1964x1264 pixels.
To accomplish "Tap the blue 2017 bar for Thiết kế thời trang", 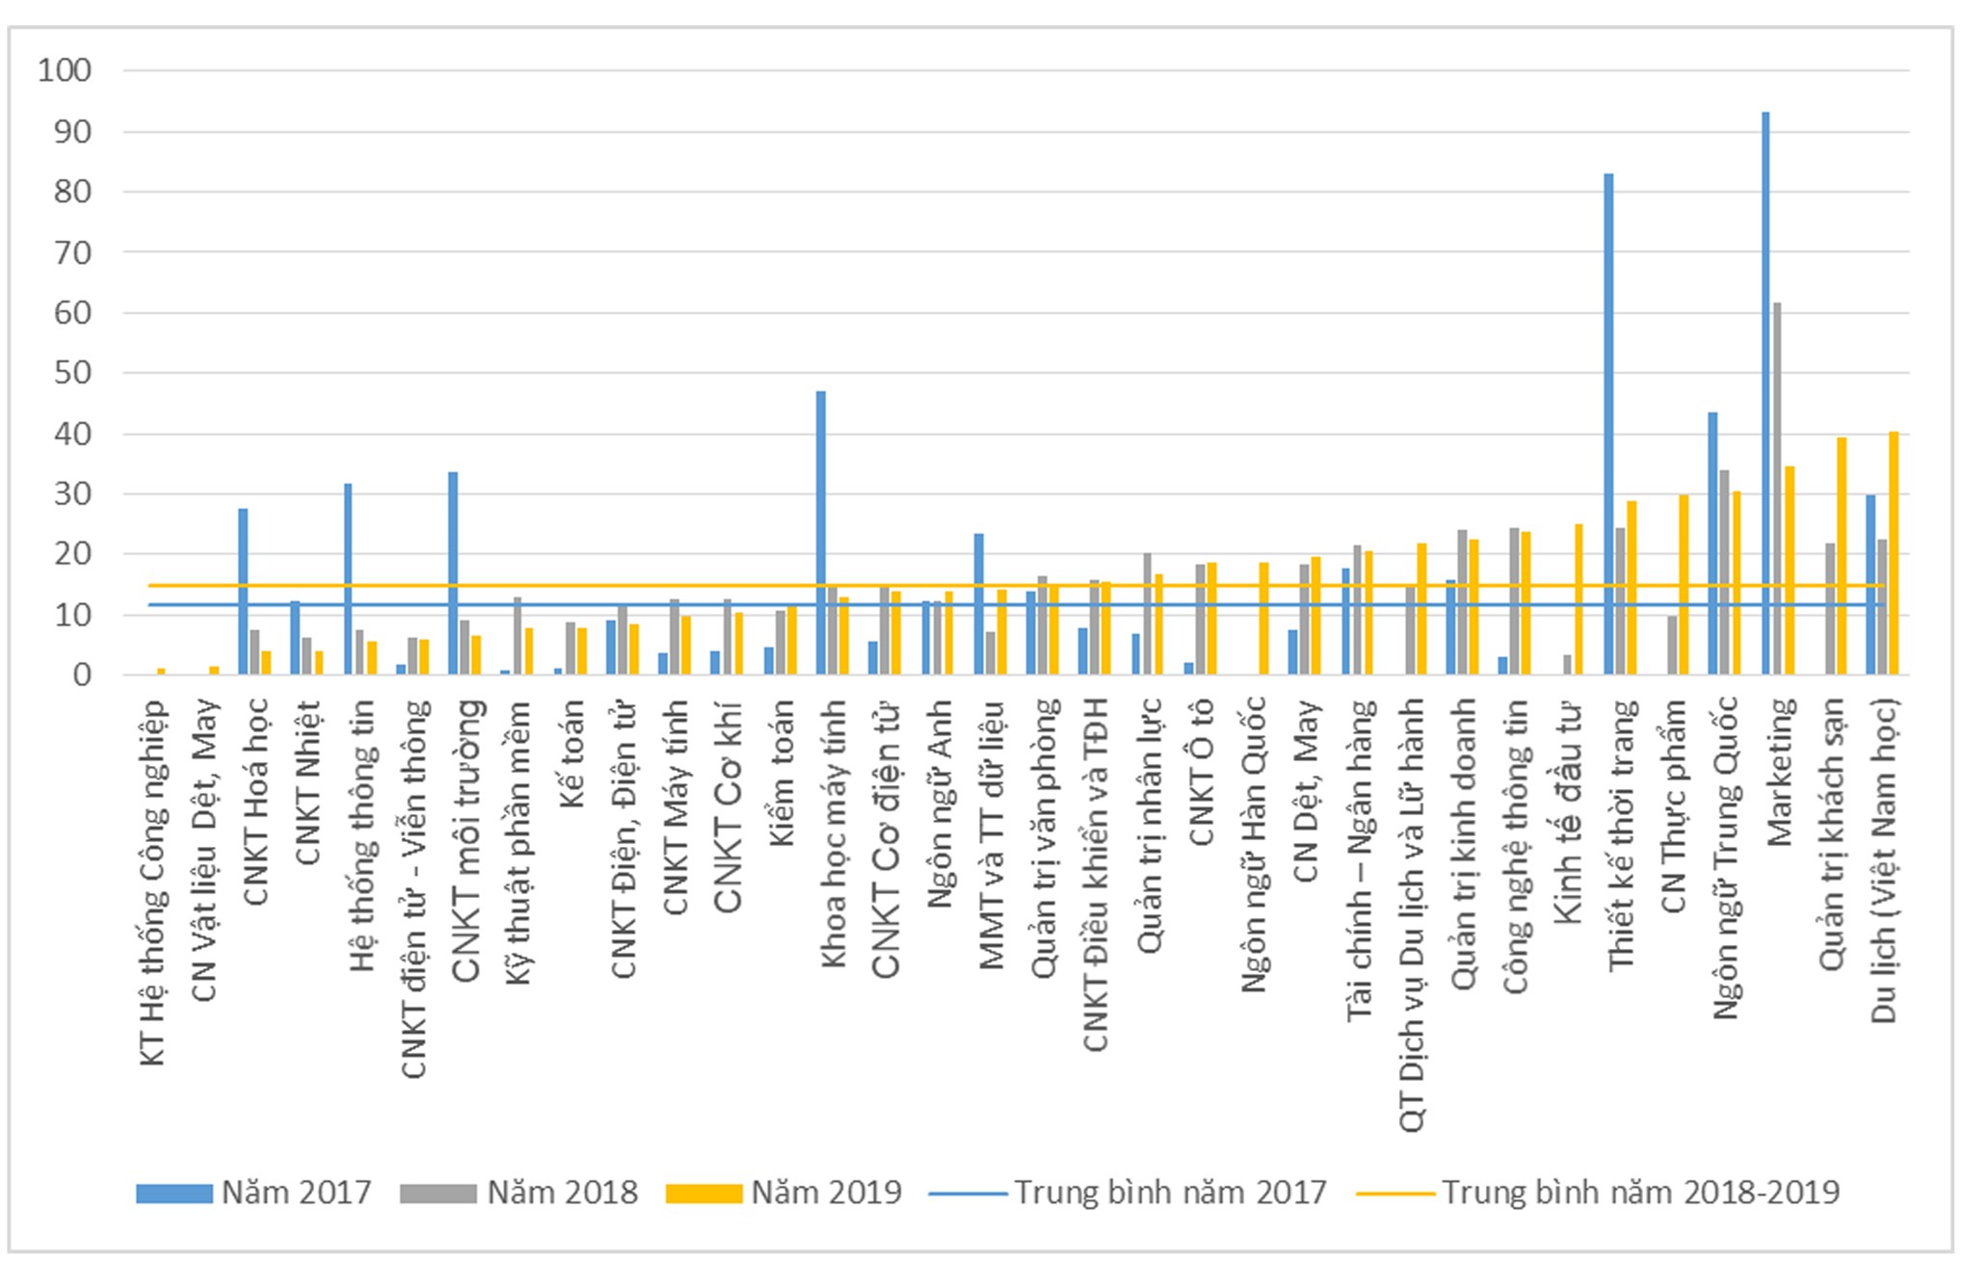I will point(1608,424).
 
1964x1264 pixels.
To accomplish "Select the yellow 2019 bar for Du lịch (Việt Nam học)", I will point(1894,553).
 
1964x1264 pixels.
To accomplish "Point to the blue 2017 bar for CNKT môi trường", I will point(453,573).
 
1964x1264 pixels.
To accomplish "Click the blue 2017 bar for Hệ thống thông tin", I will point(348,579).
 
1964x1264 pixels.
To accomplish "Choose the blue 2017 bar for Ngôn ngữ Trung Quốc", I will point(1712,543).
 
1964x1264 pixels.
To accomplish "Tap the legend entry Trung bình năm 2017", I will point(1128,1193).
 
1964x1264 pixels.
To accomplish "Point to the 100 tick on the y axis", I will point(65,70).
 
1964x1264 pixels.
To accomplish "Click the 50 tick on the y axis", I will point(72,373).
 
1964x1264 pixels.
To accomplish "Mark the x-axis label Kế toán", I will point(571,757).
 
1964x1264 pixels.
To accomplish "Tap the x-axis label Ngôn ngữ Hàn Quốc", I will point(1253,844).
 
